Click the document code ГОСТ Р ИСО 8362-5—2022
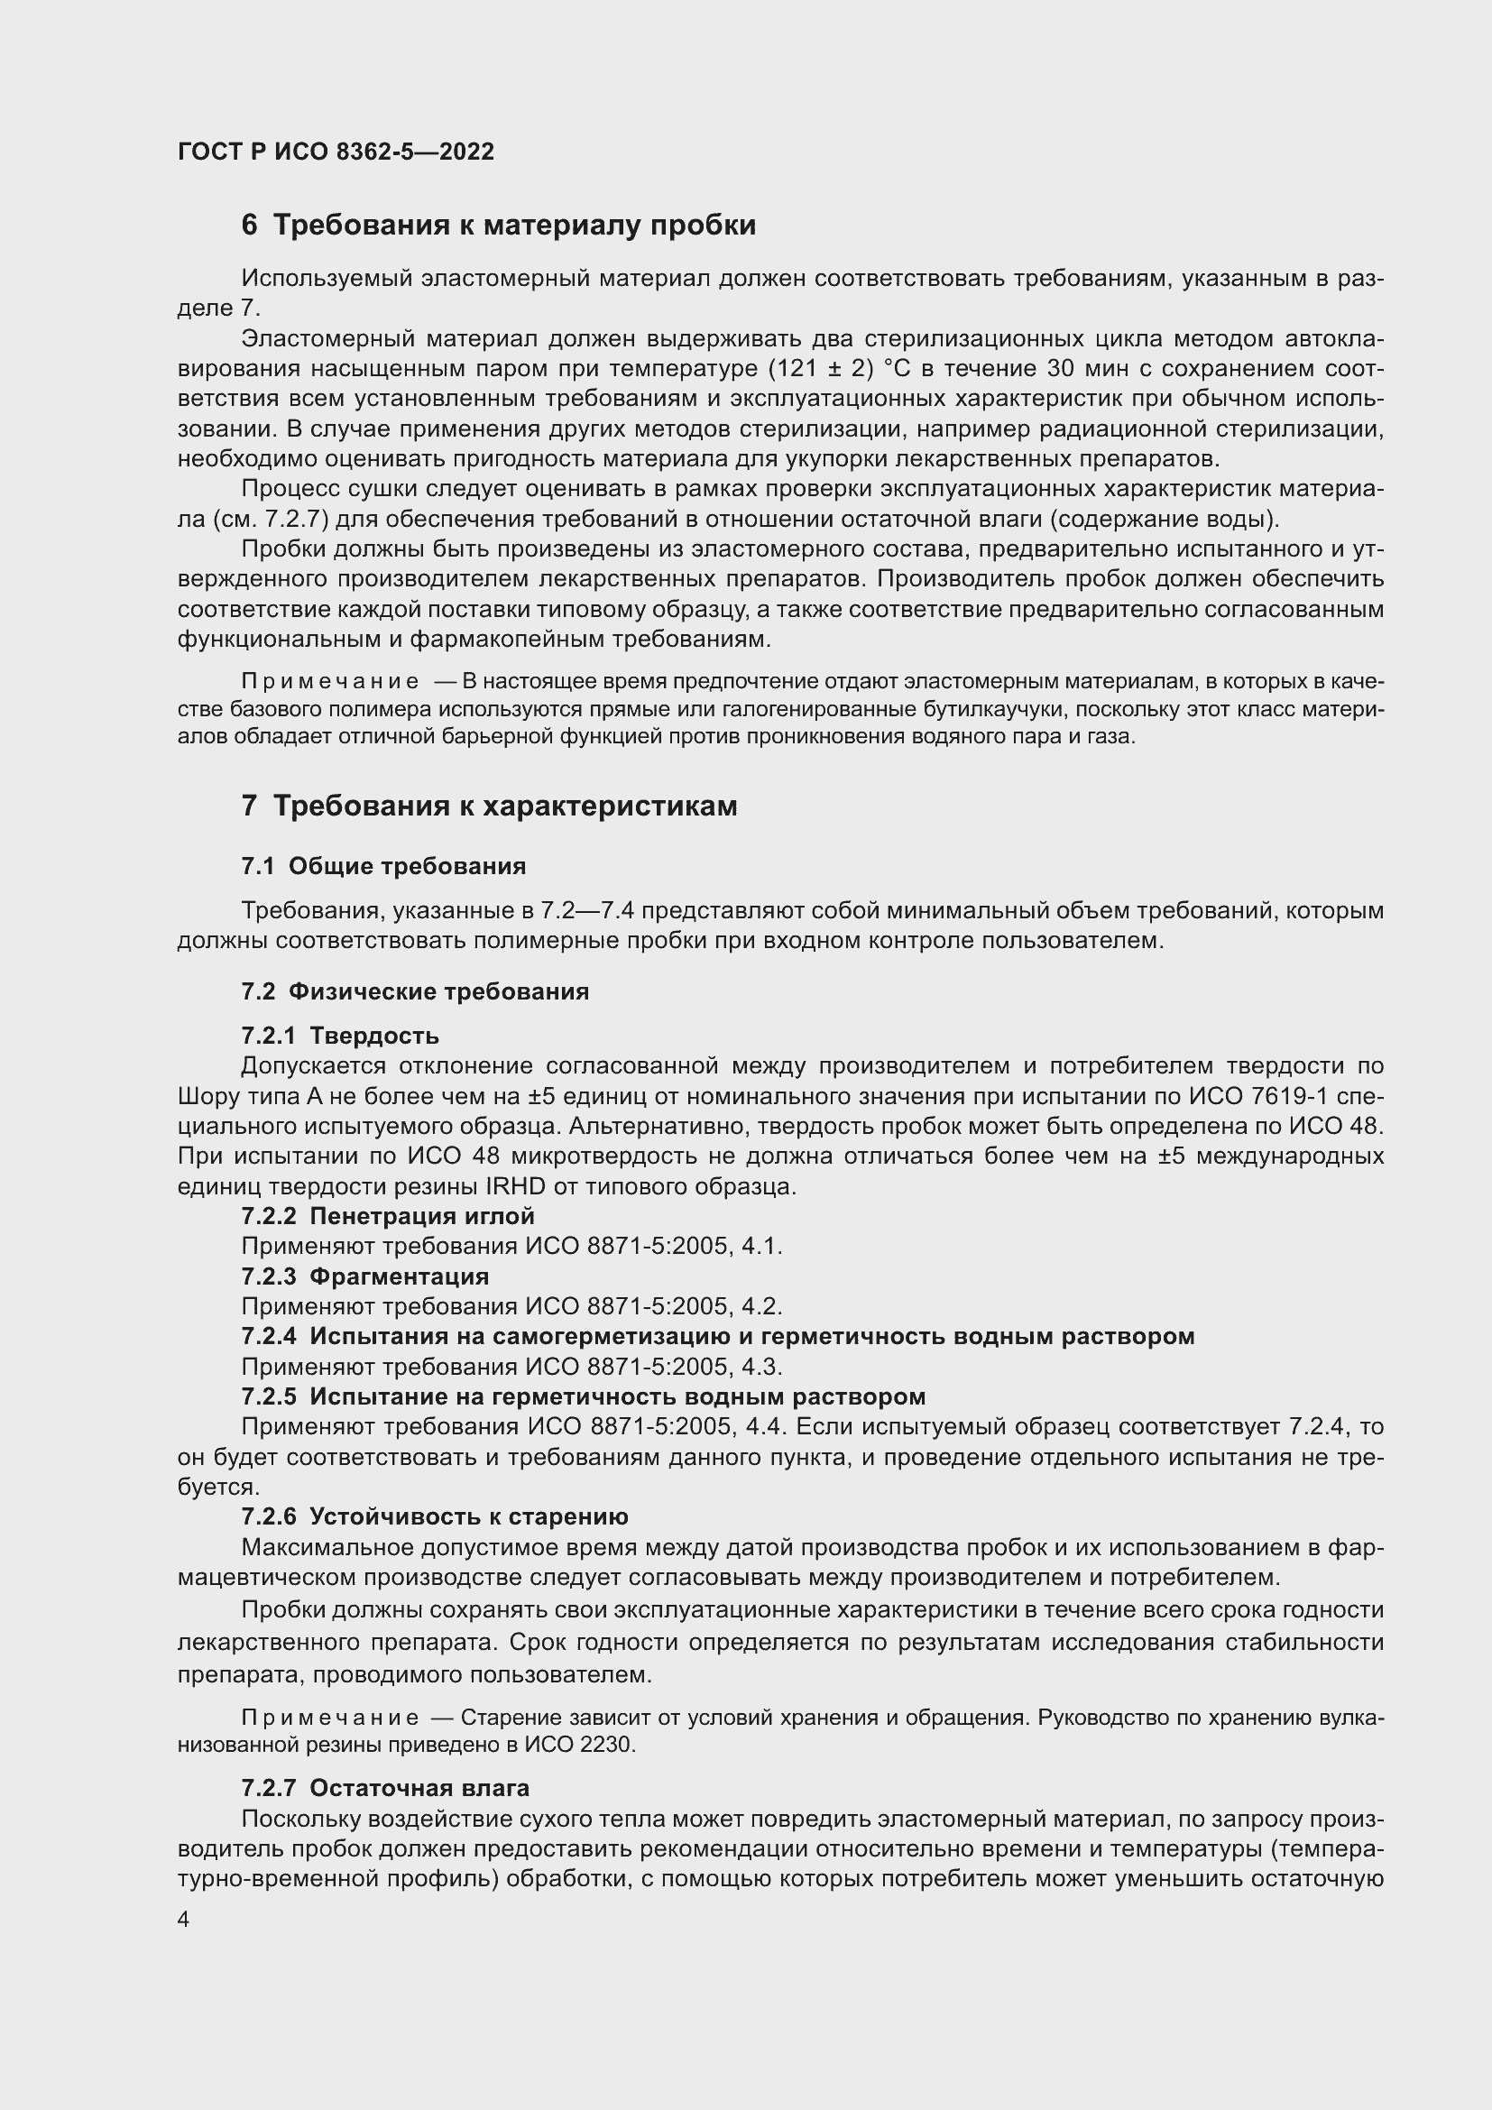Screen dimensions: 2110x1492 click(x=336, y=152)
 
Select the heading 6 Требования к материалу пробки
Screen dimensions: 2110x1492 click(x=498, y=226)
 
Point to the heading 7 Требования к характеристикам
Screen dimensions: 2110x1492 click(x=489, y=806)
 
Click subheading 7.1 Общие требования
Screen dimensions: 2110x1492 click(x=383, y=866)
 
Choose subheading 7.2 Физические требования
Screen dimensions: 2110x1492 click(x=414, y=991)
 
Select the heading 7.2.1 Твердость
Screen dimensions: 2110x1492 click(x=340, y=1036)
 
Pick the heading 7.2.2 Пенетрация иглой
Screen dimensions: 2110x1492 click(x=388, y=1216)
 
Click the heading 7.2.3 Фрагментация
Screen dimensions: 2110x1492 click(x=364, y=1276)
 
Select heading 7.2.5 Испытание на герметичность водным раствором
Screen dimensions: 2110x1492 click(x=584, y=1396)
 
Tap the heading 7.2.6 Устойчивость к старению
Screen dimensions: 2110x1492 click(x=435, y=1516)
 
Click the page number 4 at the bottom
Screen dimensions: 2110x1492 click(x=184, y=1920)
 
